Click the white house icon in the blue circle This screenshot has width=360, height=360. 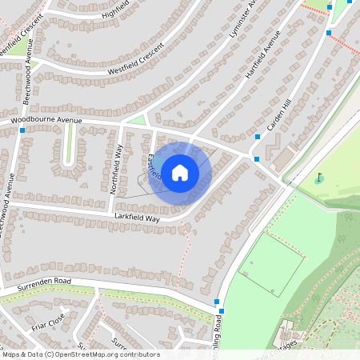click(180, 172)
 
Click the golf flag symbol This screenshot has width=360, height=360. click(320, 177)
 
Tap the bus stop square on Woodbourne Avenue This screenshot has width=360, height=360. click(22, 130)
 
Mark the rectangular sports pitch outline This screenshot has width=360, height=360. click(271, 264)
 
